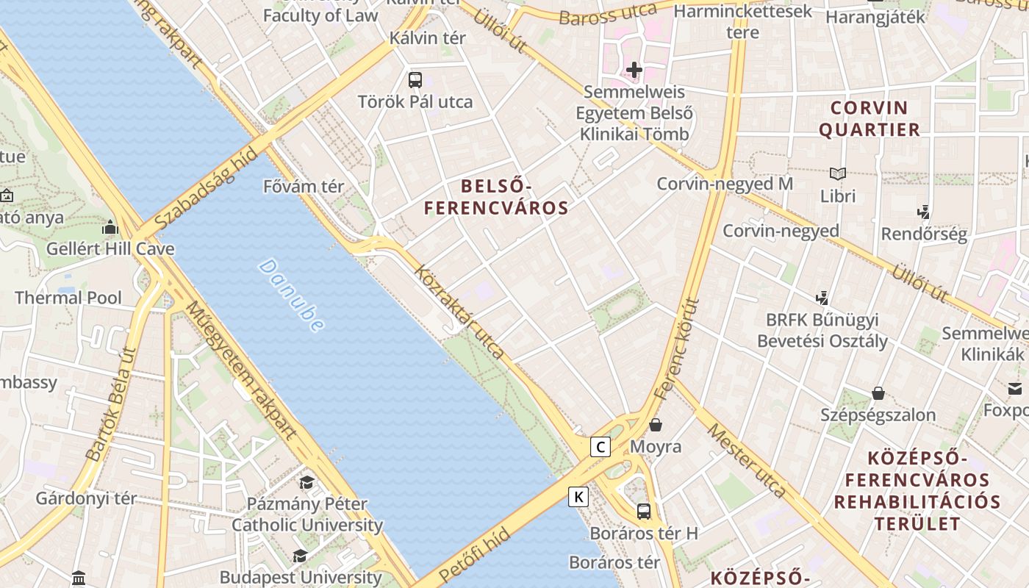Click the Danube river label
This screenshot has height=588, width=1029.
[x=292, y=295]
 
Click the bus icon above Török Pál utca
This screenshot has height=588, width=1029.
[x=415, y=79]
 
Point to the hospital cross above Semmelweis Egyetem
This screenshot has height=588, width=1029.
[x=634, y=70]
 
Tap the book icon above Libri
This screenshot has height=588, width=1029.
[x=838, y=174]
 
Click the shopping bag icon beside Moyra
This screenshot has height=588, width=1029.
[x=656, y=425]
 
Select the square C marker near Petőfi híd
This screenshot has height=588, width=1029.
[x=600, y=446]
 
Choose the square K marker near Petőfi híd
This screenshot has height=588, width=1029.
[x=578, y=497]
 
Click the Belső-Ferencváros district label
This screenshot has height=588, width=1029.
[x=496, y=197]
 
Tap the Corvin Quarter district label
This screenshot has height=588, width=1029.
[x=870, y=119]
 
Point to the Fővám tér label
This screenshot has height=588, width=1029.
[x=304, y=187]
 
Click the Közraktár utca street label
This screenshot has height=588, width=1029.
[x=459, y=312]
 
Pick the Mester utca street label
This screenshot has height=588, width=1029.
[x=747, y=460]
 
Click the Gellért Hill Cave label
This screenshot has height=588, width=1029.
[x=110, y=248]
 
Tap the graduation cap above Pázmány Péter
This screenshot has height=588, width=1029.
[x=306, y=482]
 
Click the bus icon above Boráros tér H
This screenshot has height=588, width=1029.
[x=644, y=511]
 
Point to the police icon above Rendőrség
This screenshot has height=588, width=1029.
[x=924, y=212]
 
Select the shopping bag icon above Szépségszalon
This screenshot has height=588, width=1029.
[x=878, y=393]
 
